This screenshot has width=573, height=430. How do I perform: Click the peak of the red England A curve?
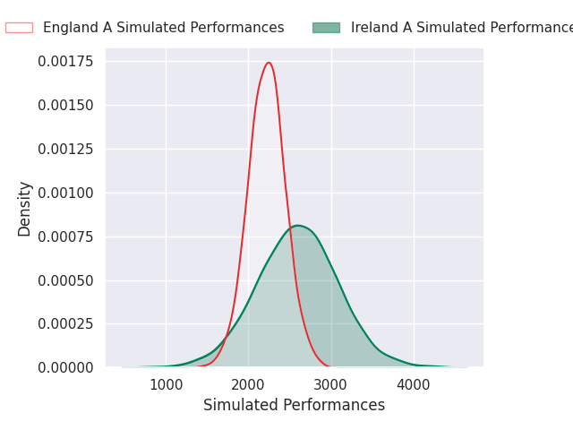[269, 63]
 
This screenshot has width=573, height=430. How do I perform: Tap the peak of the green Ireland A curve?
[297, 226]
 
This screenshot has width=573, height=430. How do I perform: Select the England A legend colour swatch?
[19, 28]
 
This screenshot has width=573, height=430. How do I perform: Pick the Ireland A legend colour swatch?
[326, 28]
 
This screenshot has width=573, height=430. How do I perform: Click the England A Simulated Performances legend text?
[163, 28]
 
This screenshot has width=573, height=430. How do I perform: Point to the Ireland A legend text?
[461, 28]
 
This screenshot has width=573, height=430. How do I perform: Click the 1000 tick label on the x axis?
[166, 385]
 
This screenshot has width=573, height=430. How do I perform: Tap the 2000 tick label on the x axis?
[248, 385]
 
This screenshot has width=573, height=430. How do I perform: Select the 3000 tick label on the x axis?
[331, 385]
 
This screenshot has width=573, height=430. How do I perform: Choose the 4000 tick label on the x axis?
[414, 385]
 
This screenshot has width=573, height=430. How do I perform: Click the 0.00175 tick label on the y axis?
[66, 62]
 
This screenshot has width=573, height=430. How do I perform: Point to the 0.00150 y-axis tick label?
[66, 106]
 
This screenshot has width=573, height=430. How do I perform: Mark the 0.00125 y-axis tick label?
[66, 150]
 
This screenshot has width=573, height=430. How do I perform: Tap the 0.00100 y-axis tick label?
[66, 193]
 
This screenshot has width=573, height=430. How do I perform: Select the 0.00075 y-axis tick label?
[66, 236]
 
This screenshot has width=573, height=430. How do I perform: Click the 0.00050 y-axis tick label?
[66, 280]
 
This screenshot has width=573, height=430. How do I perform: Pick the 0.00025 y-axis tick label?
[66, 324]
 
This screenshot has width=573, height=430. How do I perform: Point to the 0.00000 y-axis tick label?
[66, 367]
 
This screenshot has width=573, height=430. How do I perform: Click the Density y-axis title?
[25, 208]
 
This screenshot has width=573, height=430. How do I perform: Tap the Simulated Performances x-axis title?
[294, 406]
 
